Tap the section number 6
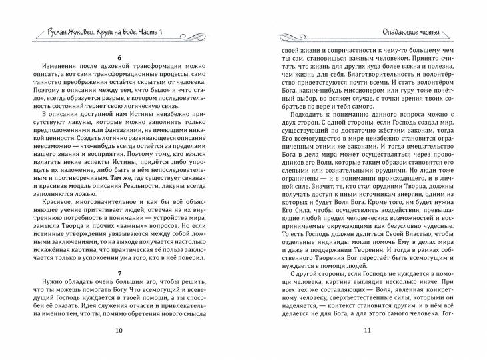pyautogui.click(x=119, y=58)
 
